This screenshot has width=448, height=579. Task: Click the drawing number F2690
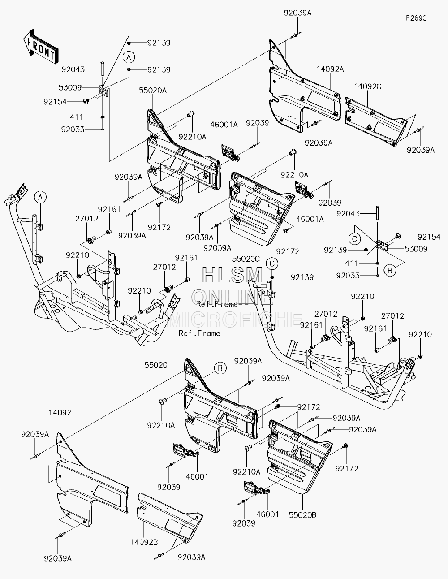coord(416,18)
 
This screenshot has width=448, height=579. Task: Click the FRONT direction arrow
coord(41,47)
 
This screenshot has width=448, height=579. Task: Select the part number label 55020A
coord(153,91)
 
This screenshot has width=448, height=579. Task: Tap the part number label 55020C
coord(246,259)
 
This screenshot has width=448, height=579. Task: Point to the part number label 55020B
coord(302,515)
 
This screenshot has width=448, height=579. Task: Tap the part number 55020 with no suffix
coord(156,365)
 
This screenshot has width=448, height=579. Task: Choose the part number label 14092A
coord(330,69)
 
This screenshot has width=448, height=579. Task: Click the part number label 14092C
coord(367,86)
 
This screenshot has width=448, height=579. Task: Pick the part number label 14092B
coord(144,542)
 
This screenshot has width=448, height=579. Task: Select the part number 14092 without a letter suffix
coord(60,413)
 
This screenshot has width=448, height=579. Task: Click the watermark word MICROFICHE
coord(234,320)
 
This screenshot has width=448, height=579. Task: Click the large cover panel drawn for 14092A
coord(304,88)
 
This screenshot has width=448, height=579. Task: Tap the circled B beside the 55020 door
coord(220,368)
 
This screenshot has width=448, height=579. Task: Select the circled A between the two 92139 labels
coord(129,57)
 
